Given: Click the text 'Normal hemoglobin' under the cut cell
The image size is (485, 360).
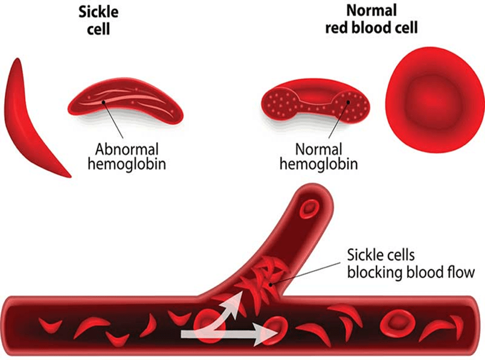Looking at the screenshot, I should coord(319,156).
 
